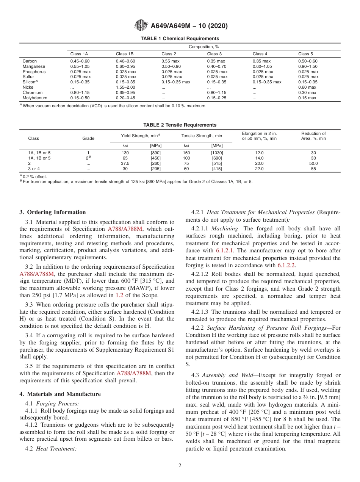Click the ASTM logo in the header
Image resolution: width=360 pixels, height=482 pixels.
[141, 26]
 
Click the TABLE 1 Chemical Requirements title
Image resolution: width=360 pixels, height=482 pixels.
[180, 39]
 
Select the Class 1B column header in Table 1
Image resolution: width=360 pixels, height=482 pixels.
[125, 54]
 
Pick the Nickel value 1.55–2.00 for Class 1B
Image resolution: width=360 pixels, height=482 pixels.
[125, 87]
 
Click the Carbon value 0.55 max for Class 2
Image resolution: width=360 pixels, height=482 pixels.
[171, 61]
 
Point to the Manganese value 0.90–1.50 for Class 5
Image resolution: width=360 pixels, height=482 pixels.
[308, 66]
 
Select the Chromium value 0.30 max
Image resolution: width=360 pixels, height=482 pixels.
[307, 92]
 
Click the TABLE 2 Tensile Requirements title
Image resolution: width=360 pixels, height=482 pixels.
[180, 125]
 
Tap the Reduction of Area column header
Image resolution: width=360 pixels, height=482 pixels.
[313, 136]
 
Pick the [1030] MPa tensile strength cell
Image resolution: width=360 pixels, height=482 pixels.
[217, 153]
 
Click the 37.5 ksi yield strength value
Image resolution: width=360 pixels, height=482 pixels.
[125, 163]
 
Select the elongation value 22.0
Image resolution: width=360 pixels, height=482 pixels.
[259, 169]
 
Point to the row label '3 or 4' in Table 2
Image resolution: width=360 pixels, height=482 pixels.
[34, 169]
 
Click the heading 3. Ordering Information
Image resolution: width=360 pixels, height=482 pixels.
[53, 212]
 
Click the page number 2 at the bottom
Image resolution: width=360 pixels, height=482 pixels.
[180, 466]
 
